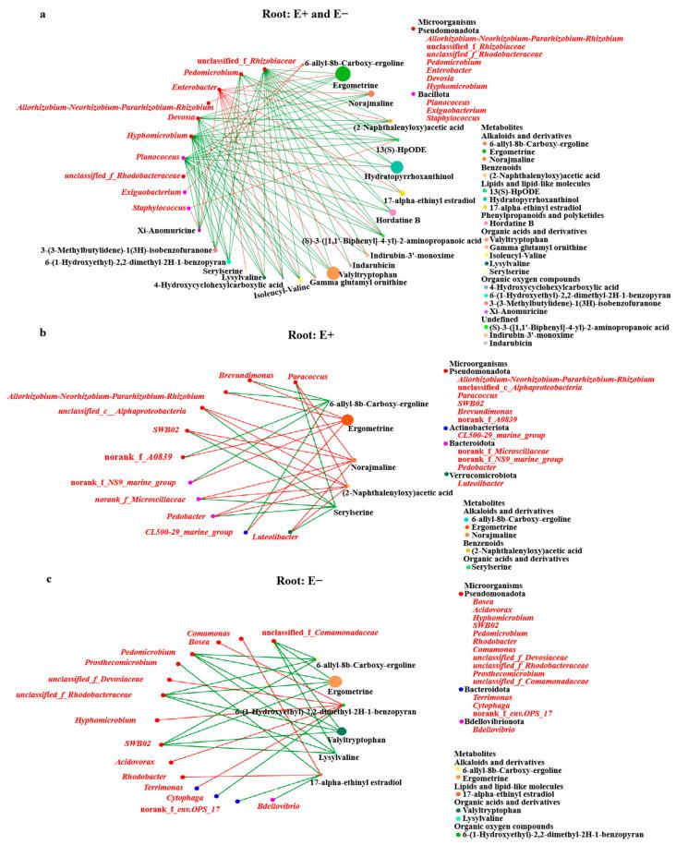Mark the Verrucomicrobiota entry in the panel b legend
[x=496, y=474]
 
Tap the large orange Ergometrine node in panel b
[x=347, y=421]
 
